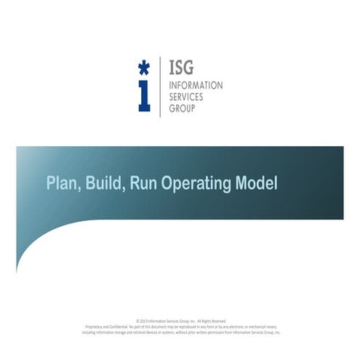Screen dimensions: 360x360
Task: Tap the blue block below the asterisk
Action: click(x=144, y=97)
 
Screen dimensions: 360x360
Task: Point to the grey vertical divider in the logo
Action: click(x=160, y=87)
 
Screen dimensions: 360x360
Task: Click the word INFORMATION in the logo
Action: click(x=195, y=86)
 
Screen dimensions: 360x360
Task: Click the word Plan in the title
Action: click(x=62, y=183)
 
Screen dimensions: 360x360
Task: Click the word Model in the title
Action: click(x=257, y=183)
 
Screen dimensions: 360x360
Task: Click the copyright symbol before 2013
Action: click(x=138, y=321)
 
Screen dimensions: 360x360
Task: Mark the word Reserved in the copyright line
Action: click(x=219, y=321)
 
